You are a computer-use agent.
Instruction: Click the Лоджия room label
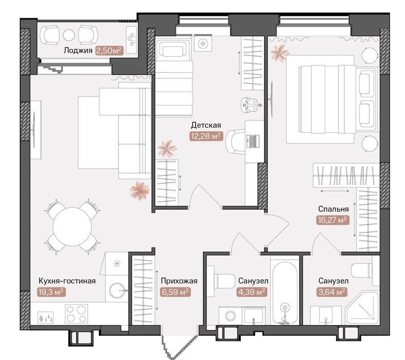point(78,50)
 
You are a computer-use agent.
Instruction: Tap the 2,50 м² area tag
point(109,50)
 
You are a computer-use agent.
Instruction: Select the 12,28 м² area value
point(206,136)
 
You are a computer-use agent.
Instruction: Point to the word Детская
point(206,125)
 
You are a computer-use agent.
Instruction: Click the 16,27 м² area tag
point(333,220)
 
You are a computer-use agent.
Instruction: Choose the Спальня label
point(333,209)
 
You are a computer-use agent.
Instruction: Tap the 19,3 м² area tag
point(51,292)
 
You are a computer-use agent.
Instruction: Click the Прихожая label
point(179,281)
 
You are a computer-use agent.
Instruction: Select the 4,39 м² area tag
point(252,292)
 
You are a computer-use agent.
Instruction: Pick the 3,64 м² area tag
point(332,292)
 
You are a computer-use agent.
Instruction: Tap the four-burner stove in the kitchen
point(76,313)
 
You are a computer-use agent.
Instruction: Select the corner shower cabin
point(363,308)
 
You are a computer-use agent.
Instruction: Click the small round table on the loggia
point(69,35)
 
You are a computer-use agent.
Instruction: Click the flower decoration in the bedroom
point(279,53)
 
